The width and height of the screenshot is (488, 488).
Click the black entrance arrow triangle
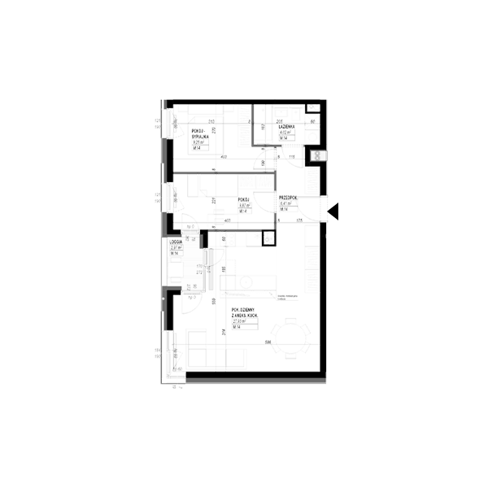[332, 213]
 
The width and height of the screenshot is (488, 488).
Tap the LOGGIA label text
[174, 242]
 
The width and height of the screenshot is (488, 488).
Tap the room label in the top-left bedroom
[200, 135]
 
